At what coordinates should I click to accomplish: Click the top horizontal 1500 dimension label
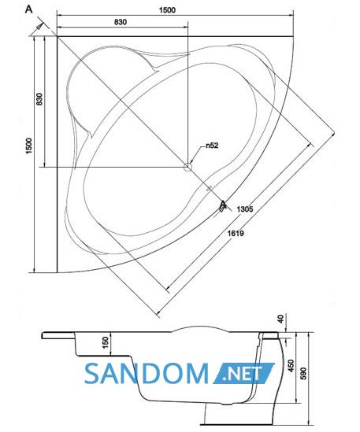tap(167, 10)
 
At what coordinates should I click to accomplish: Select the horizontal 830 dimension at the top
tap(121, 22)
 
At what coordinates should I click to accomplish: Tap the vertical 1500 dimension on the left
tap(29, 146)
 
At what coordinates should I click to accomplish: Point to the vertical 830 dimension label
tap(39, 99)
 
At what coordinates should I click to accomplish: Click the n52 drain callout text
tap(212, 146)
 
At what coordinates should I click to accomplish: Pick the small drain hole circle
tap(187, 167)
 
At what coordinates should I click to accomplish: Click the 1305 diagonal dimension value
tap(245, 209)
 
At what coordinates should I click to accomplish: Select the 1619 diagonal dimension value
tap(236, 234)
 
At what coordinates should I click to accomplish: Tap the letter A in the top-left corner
tap(28, 9)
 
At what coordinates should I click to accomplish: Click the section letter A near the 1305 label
tap(223, 205)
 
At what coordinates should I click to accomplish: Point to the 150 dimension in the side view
tap(106, 342)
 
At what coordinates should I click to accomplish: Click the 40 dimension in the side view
tap(280, 319)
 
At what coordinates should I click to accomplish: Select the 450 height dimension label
tap(291, 366)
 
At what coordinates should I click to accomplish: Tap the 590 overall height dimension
tap(303, 373)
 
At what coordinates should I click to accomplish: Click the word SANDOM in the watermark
tap(147, 373)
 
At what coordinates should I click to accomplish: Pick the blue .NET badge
tap(243, 373)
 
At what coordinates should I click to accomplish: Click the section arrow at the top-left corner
tap(40, 27)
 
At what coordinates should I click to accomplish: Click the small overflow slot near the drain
tap(209, 188)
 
